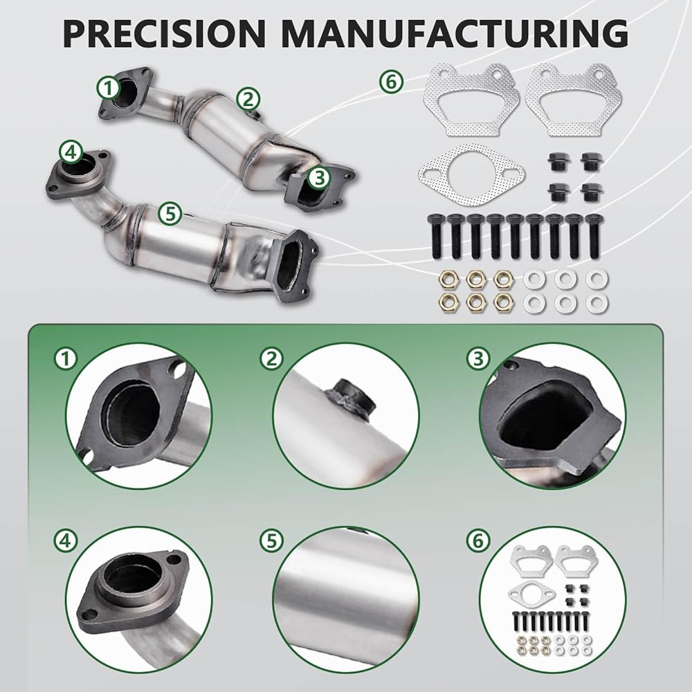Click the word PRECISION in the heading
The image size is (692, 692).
pyautogui.click(x=164, y=33)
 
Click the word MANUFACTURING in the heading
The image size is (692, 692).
pyautogui.click(x=455, y=33)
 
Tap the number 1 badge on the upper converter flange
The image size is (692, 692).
pyautogui.click(x=109, y=88)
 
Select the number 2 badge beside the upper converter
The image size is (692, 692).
pyautogui.click(x=248, y=99)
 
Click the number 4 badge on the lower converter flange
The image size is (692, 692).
pyautogui.click(x=71, y=153)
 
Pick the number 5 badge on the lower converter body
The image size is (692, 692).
pyautogui.click(x=170, y=214)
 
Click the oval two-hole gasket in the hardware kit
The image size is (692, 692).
pyautogui.click(x=471, y=175)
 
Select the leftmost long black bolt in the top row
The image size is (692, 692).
pyautogui.click(x=435, y=236)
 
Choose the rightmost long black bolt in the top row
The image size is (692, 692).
pyautogui.click(x=594, y=236)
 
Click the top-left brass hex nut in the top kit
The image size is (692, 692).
pyautogui.click(x=449, y=279)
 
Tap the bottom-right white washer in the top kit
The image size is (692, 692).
pyautogui.click(x=597, y=303)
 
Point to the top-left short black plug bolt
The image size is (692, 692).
pyautogui.click(x=558, y=162)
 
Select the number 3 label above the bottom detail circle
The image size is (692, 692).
pyautogui.click(x=478, y=359)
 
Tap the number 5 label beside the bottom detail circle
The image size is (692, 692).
pyautogui.click(x=272, y=540)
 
